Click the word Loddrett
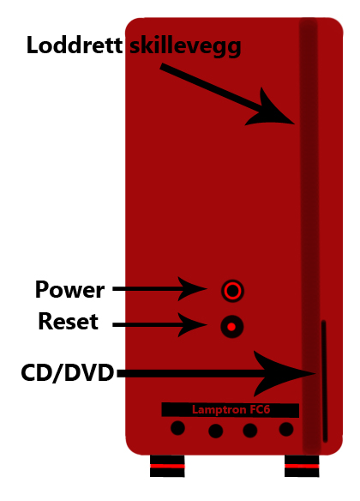coord(75,45)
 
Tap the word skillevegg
coord(185,47)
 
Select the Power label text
coord(70,289)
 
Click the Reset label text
coord(69,321)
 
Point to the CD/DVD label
coord(68,373)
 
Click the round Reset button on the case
coord(232,327)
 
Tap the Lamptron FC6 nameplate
coord(230,409)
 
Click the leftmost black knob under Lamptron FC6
coord(177,428)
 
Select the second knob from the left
coord(216,431)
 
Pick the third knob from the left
coord(250,431)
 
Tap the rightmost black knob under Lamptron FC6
coord(286,429)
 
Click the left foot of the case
coord(167,466)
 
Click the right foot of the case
coord(302,466)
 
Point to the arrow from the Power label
coord(160,289)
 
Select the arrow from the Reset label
coord(160,324)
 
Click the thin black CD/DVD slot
coord(324,382)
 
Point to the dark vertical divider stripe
coord(309,236)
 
